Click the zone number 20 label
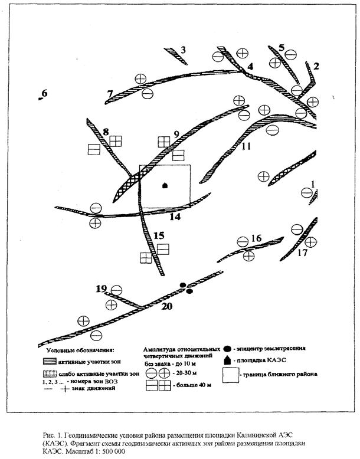(167, 306)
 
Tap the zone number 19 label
(102, 288)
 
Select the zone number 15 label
(159, 235)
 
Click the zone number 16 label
(256, 238)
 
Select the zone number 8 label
(106, 131)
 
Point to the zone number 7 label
(110, 94)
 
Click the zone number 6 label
(44, 93)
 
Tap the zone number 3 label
(184, 50)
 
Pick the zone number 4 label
(250, 67)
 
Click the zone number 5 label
(282, 47)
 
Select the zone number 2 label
(316, 66)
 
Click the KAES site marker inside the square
(165, 185)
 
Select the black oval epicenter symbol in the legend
(228, 348)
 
